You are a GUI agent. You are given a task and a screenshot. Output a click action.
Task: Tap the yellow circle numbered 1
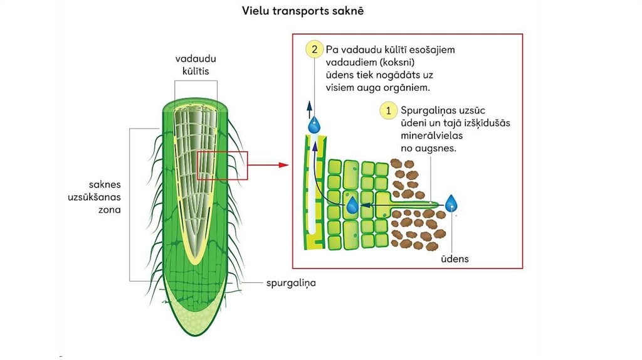tap(389, 110)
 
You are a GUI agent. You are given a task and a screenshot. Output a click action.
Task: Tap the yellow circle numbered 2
tap(313, 49)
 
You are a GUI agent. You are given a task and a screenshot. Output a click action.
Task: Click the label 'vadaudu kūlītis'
tap(195, 65)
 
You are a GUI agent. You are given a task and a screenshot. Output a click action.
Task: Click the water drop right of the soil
tap(451, 203)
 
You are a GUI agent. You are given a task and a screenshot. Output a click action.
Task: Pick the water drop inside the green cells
tap(353, 204)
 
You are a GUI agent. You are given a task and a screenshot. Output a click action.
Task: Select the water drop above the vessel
tap(314, 124)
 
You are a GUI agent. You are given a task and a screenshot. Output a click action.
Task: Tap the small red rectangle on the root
tap(223, 166)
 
